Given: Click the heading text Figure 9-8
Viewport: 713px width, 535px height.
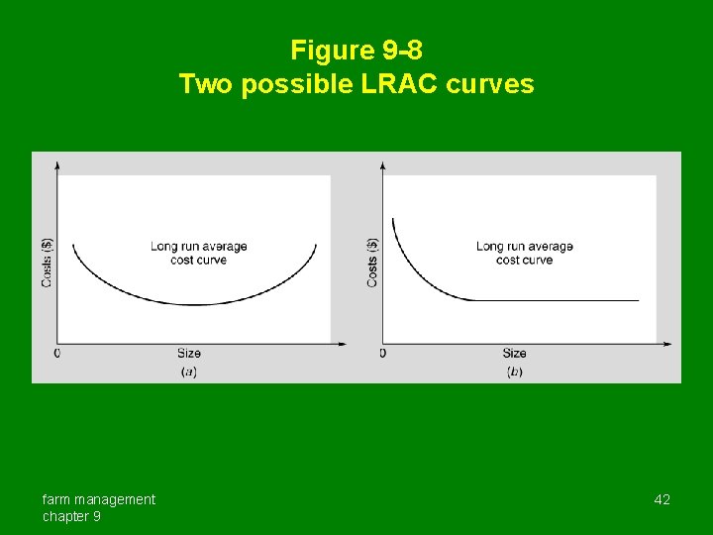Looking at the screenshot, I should pos(356,50).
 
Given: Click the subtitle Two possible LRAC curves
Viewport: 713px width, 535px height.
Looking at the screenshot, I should pos(356,84).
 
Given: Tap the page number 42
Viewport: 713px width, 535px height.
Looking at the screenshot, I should pos(662,499).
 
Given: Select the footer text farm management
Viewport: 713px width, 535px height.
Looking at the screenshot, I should pos(98,499).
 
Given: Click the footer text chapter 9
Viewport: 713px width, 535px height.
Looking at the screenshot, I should pos(70,516).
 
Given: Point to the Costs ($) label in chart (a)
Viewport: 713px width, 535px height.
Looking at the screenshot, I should pos(47,262).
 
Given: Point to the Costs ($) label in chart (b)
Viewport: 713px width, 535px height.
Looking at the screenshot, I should pos(372,262).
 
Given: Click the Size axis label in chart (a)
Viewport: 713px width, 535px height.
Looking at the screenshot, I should pos(188,353).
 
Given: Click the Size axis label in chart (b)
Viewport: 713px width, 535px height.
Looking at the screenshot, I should pos(514,353).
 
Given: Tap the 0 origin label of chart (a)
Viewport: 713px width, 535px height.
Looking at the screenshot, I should pos(56,353).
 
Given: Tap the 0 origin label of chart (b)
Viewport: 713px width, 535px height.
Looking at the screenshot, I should pos(382,353).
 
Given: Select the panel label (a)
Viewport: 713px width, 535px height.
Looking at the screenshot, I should pos(188,372).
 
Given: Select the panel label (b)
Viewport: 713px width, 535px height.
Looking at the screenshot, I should pos(514,372).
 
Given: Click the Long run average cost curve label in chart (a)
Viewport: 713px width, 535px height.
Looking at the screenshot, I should pos(198,253).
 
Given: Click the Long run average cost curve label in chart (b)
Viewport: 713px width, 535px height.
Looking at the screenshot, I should pos(524,253).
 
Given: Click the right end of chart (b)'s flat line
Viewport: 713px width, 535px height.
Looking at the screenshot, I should pos(638,299).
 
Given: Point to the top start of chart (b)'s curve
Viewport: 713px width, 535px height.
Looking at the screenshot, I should pos(393,220).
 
